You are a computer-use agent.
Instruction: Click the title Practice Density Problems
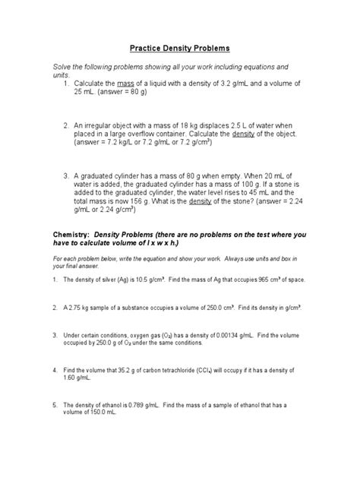point(180,48)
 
